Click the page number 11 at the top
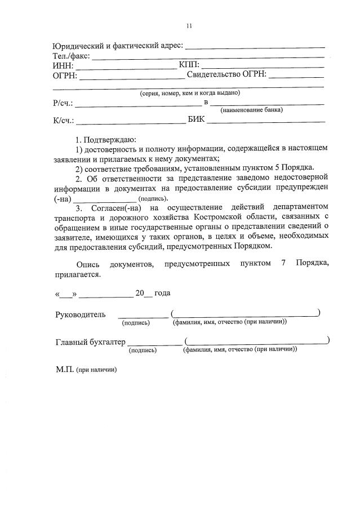tap(189, 25)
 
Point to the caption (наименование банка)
tap(251, 110)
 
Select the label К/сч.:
tap(64, 121)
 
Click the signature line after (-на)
tap(105, 201)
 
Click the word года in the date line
tap(162, 293)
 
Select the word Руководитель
tap(80, 314)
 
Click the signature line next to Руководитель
tap(143, 317)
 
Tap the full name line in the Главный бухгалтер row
tap(256, 342)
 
